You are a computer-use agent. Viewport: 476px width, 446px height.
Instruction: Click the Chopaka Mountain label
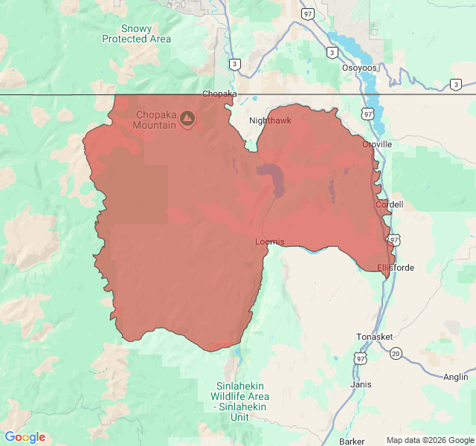155,120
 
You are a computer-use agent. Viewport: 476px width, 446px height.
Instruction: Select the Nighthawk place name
270,120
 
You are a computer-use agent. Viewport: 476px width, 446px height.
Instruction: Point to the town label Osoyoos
359,68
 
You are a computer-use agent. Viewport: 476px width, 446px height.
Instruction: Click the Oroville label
377,144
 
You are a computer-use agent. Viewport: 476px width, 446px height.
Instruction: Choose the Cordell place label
389,204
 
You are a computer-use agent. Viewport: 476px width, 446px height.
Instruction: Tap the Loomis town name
269,242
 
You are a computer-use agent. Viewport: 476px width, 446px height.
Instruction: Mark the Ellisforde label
396,268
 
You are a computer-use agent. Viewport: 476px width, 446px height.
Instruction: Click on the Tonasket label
374,337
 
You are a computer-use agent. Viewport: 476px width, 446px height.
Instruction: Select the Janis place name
361,384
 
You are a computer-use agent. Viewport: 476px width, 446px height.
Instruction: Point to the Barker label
352,441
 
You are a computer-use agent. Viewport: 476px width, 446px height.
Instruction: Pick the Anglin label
456,377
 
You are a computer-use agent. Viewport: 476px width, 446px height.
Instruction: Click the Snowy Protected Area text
136,33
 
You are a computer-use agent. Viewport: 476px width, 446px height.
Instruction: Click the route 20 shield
396,353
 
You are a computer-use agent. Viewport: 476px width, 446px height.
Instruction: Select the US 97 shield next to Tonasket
361,359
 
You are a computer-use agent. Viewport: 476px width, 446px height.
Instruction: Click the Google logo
25,437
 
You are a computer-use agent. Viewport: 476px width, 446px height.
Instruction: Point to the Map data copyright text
429,440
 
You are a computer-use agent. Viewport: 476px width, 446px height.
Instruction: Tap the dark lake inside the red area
274,179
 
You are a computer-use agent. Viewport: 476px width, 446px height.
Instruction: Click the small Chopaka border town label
219,94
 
